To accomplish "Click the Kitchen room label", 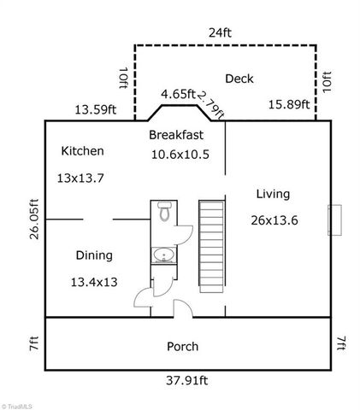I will click(82, 151).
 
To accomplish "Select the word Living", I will click(273, 194).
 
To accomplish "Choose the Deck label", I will click(239, 79).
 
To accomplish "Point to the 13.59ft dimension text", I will click(96, 108).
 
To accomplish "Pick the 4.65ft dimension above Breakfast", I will click(178, 95).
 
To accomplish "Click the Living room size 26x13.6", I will click(274, 220).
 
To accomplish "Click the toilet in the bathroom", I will click(162, 214).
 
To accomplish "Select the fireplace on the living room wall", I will click(336, 220).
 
